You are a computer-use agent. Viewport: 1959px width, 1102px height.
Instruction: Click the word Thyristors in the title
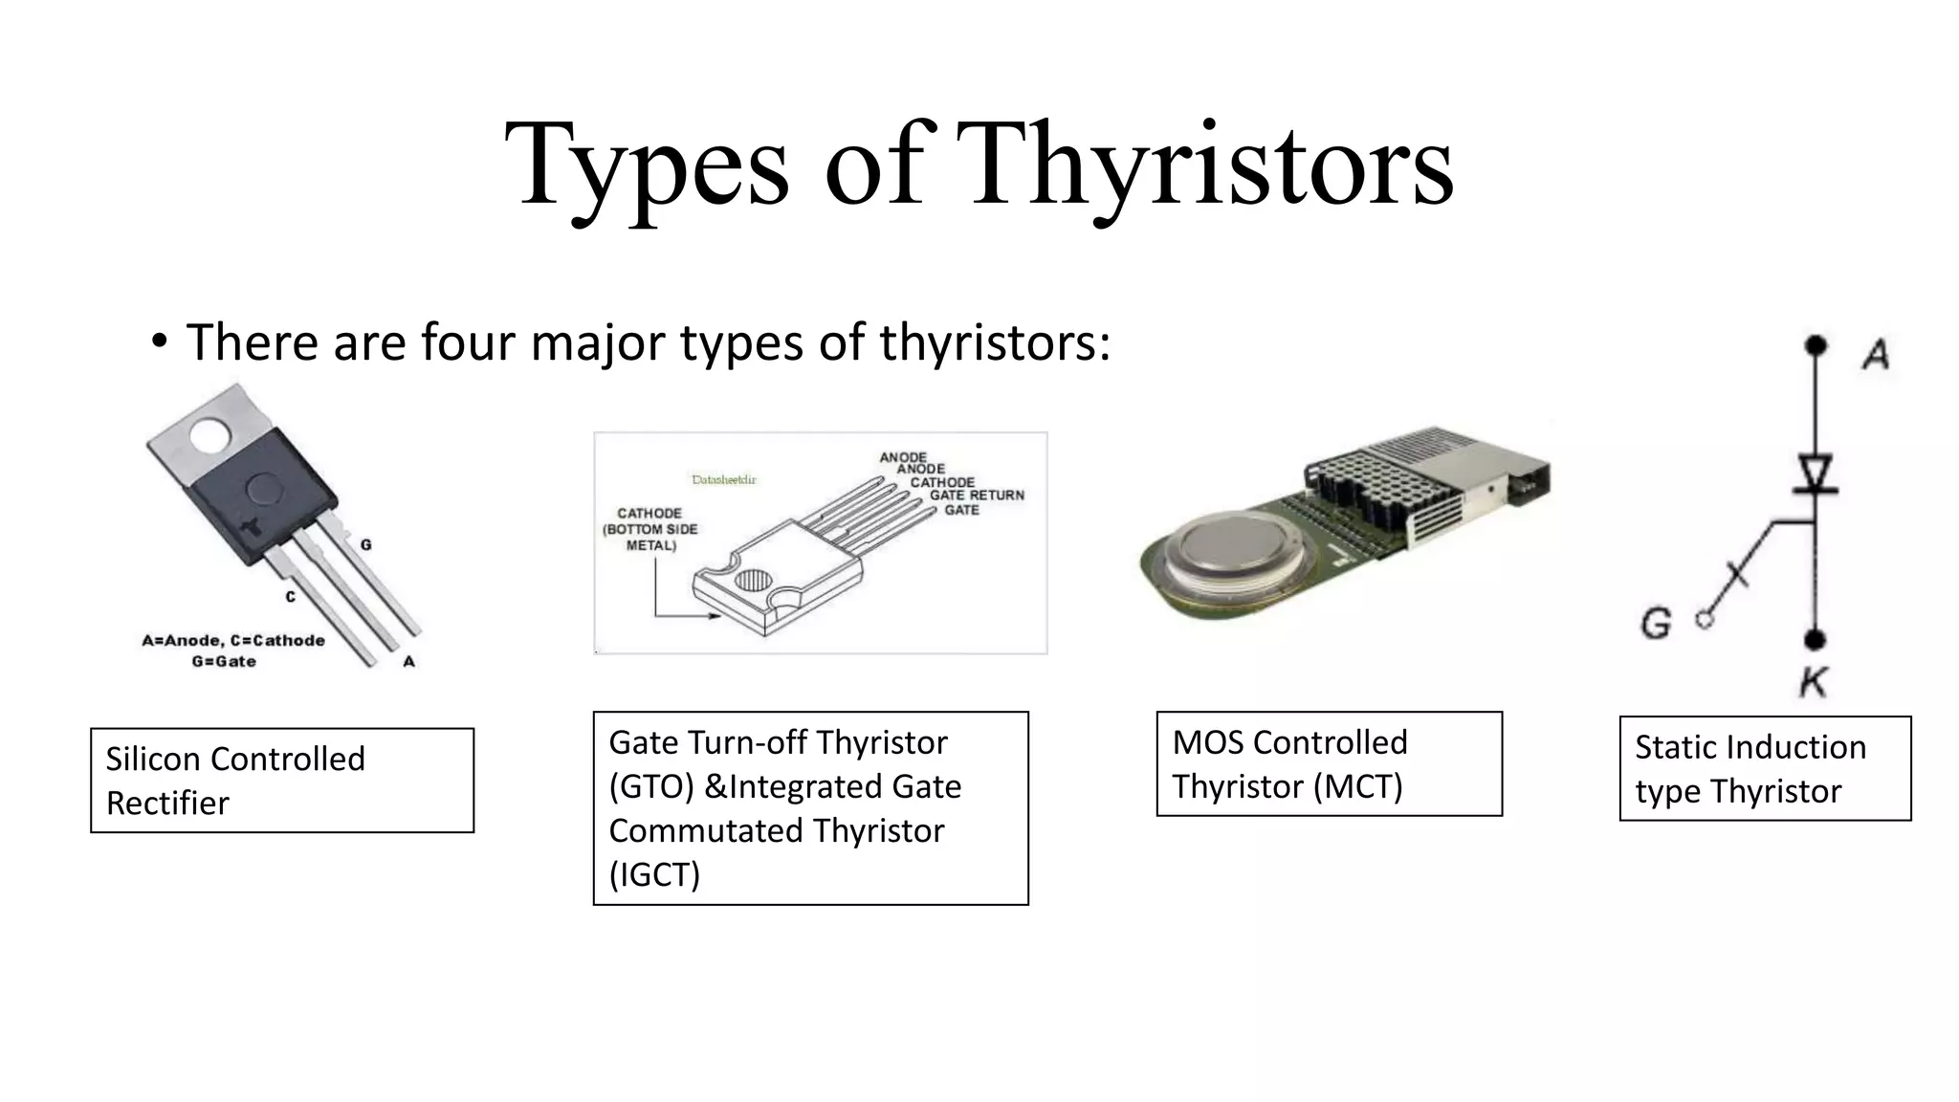click(1210, 165)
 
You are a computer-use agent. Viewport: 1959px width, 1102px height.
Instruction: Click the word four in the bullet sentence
click(469, 342)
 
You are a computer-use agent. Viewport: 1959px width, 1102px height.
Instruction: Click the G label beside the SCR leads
click(366, 545)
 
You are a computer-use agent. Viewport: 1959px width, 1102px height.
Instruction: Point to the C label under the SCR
click(290, 597)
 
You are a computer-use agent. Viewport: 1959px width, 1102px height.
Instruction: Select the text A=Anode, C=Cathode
click(233, 640)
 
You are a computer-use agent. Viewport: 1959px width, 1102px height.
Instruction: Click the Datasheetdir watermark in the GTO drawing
click(724, 479)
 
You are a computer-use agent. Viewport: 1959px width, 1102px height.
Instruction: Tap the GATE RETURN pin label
click(977, 496)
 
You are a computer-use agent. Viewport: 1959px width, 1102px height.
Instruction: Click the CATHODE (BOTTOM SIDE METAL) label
click(650, 529)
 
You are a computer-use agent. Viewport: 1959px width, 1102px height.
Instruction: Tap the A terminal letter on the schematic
click(1876, 356)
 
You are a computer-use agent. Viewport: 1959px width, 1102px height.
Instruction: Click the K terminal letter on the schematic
click(1813, 683)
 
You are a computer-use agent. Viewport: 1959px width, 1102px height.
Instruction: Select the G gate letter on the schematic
click(1656, 625)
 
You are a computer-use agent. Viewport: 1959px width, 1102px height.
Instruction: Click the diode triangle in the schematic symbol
click(1815, 473)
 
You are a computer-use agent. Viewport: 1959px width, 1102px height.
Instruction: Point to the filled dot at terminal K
click(1815, 640)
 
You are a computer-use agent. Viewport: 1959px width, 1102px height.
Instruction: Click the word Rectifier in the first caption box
click(167, 804)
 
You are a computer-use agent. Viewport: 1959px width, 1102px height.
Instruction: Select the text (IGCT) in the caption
click(654, 874)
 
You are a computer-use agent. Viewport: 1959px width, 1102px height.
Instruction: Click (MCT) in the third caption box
click(1357, 787)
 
